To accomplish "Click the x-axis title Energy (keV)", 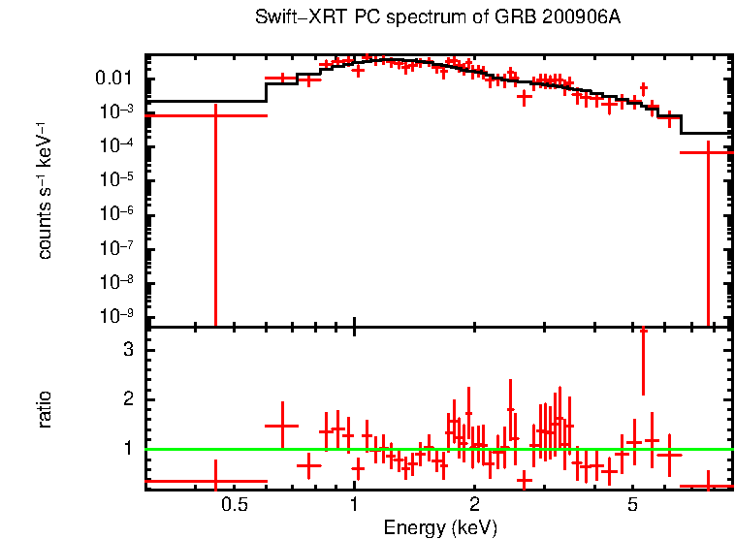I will [440, 527].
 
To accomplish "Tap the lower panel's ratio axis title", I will [45, 409].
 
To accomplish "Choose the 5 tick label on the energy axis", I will [632, 505].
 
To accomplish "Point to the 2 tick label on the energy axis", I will [474, 505].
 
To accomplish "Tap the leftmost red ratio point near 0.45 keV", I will [215, 481].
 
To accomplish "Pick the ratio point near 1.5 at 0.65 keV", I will [282, 426].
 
